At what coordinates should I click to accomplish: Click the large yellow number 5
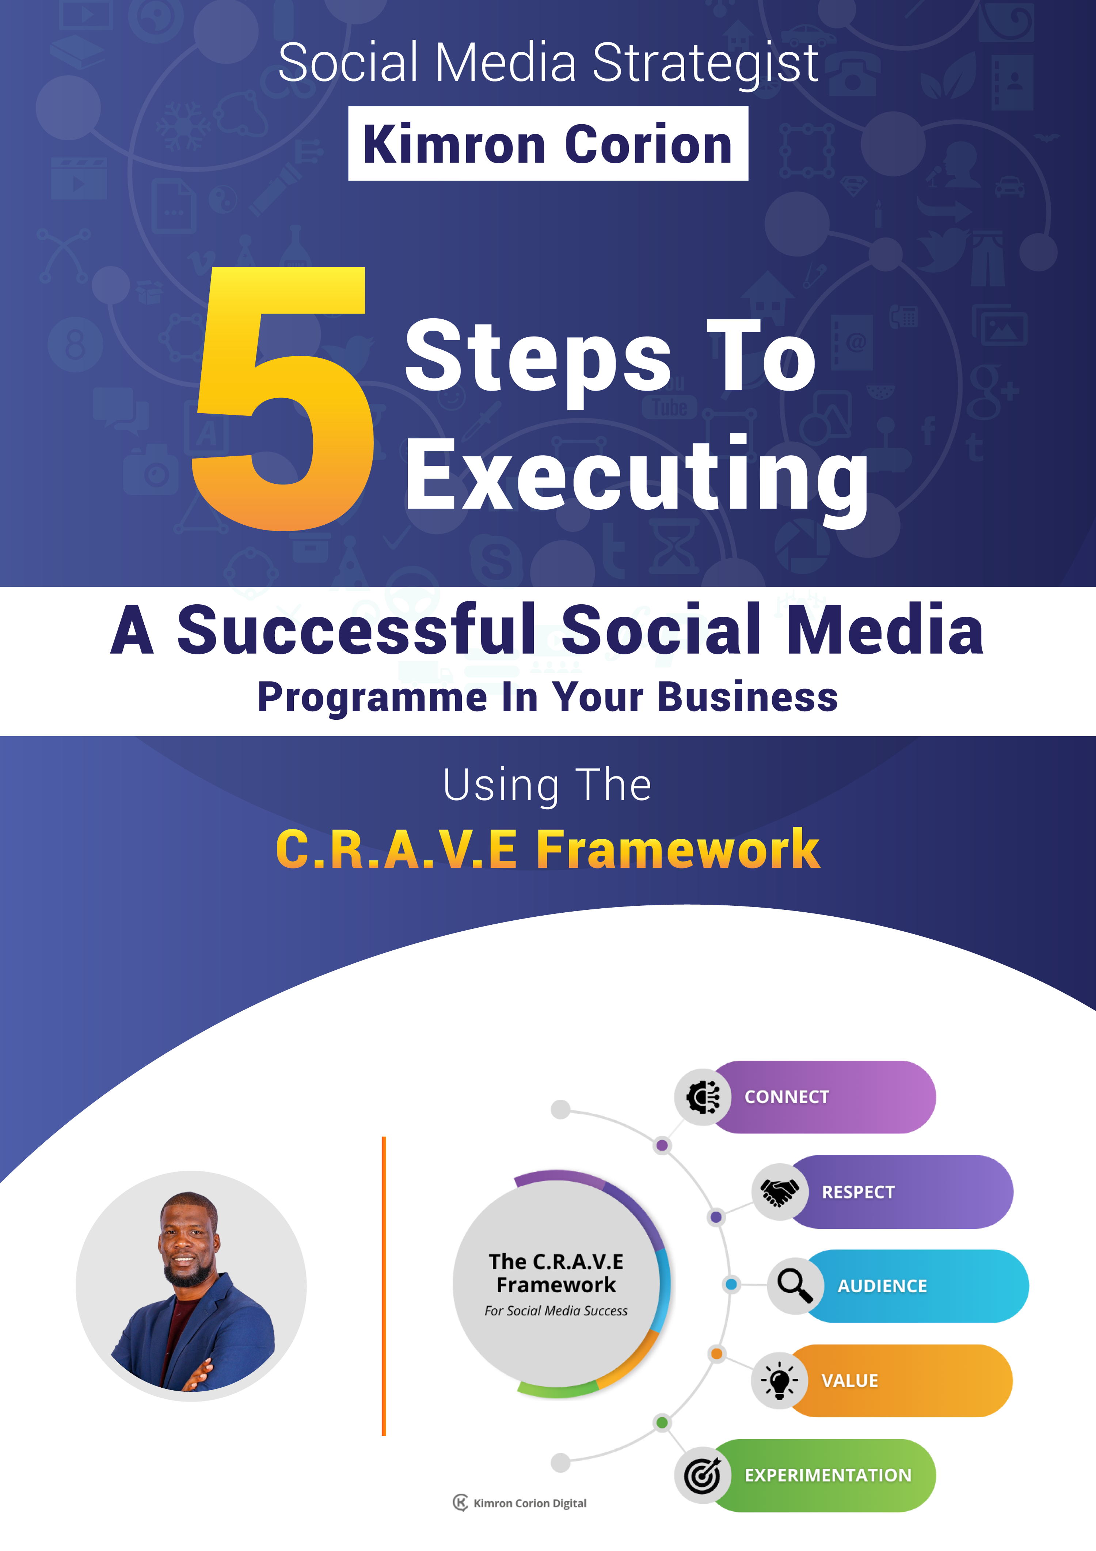283,399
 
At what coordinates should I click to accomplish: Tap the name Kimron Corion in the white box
548,145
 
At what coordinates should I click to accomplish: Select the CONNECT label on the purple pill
786,1097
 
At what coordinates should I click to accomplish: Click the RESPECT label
858,1192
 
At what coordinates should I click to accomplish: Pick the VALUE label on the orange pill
849,1381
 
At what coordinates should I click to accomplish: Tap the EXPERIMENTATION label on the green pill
828,1475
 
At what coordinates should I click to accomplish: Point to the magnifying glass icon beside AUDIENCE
795,1285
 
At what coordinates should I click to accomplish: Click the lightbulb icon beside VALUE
779,1380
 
